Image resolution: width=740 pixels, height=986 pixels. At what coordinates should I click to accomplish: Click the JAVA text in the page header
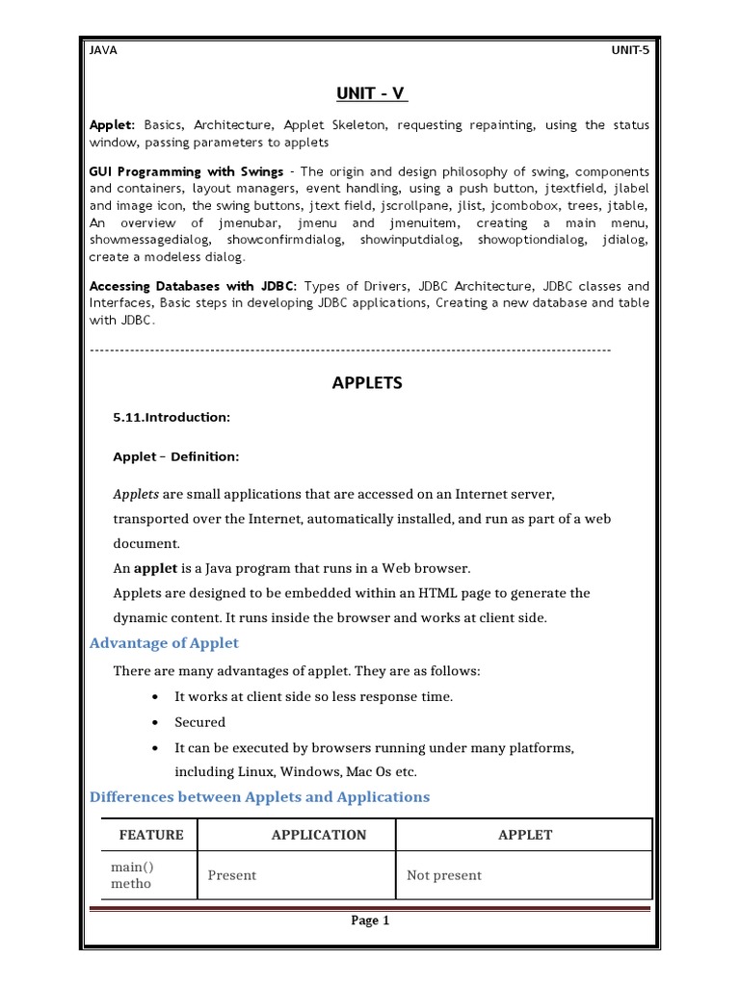[103, 51]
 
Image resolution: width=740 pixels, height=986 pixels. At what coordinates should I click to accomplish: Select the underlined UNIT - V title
[370, 93]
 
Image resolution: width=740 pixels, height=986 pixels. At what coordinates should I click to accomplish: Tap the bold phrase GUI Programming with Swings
[186, 171]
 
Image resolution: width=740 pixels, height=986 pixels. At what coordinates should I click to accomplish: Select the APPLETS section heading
[367, 382]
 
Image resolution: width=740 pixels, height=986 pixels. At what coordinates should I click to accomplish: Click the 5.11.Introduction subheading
[172, 417]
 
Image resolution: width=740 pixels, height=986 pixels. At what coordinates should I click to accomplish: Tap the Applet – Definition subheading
[176, 456]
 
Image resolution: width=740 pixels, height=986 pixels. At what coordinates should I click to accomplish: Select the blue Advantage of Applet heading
[164, 643]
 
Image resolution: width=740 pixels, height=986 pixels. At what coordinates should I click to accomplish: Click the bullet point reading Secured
[199, 722]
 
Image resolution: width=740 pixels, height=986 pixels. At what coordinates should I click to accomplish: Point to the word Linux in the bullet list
[252, 772]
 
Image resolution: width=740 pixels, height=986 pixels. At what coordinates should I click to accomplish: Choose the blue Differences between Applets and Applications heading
[259, 797]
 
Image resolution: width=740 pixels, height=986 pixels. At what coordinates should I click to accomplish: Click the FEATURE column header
[150, 835]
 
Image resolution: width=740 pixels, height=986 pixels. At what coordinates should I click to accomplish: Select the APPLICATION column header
[319, 835]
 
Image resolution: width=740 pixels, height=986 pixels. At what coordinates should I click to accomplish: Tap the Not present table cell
[444, 875]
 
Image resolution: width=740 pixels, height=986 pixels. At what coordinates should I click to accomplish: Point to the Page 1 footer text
[370, 921]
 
